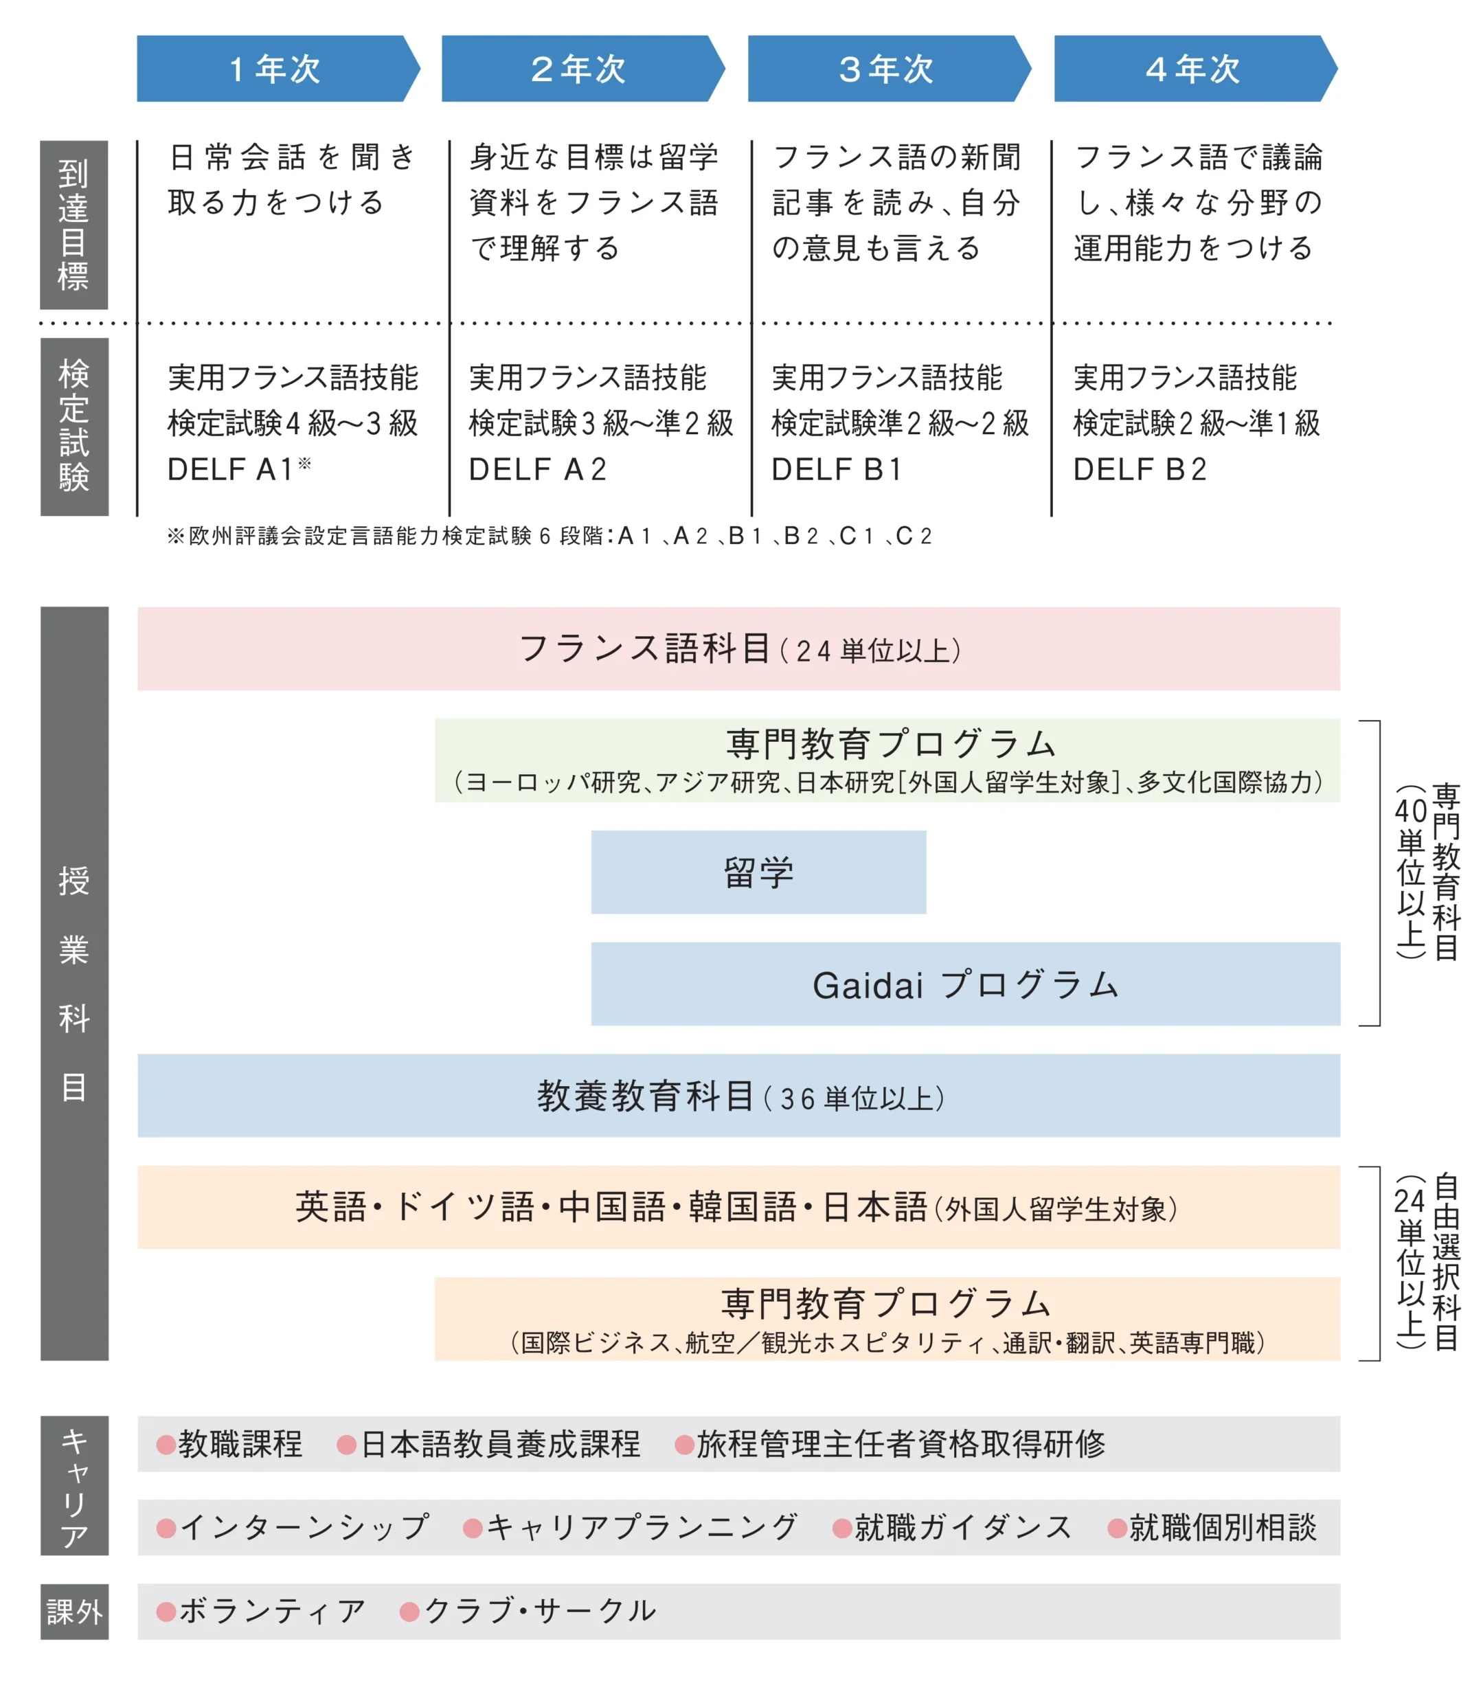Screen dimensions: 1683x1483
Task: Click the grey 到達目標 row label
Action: [74, 225]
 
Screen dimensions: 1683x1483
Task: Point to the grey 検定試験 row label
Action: [74, 426]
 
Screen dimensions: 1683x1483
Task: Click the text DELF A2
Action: [537, 469]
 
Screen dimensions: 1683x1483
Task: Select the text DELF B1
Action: [837, 469]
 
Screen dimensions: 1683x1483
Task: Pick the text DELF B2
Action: [1140, 469]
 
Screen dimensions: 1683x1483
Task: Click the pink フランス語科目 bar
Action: [738, 649]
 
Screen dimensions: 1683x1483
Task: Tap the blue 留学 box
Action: [758, 872]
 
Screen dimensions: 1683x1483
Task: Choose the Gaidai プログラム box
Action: [965, 984]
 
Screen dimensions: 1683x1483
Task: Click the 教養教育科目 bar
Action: [738, 1096]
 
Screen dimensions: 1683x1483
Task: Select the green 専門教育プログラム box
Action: [887, 760]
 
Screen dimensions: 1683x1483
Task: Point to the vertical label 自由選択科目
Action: [1445, 1263]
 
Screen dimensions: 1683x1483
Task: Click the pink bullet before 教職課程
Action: [166, 1444]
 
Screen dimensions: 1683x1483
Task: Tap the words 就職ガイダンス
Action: [962, 1527]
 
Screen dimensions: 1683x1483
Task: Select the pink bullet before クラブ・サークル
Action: [409, 1612]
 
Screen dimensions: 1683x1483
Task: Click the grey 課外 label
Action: [74, 1612]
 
